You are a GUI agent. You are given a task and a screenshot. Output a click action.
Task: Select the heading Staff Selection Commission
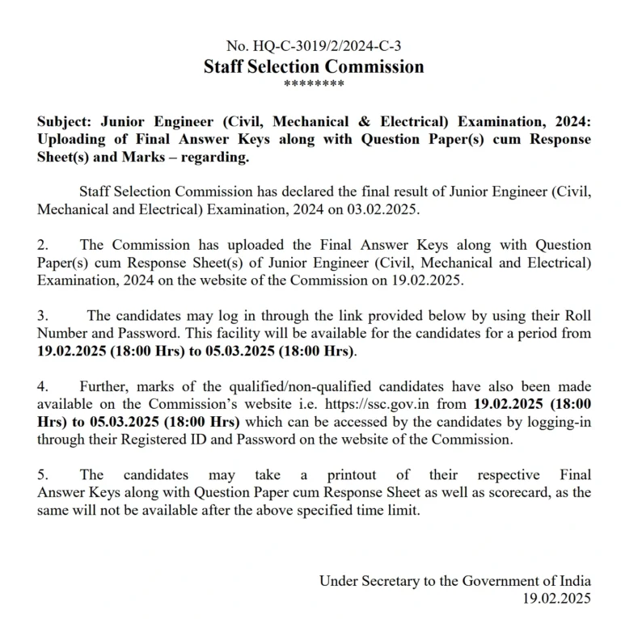pyautogui.click(x=314, y=66)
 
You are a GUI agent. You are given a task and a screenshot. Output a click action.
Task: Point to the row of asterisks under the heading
pyautogui.click(x=315, y=84)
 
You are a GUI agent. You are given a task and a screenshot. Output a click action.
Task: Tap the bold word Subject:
pyautogui.click(x=65, y=121)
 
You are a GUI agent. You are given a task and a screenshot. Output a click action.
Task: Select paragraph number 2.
pyautogui.click(x=43, y=245)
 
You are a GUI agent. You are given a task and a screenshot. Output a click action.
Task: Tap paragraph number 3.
pyautogui.click(x=43, y=315)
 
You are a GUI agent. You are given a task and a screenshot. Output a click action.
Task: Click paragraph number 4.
pyautogui.click(x=43, y=386)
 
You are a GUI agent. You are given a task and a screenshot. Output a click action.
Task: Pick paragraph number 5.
pyautogui.click(x=43, y=475)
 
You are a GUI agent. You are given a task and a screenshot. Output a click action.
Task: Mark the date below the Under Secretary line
pyautogui.click(x=557, y=598)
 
